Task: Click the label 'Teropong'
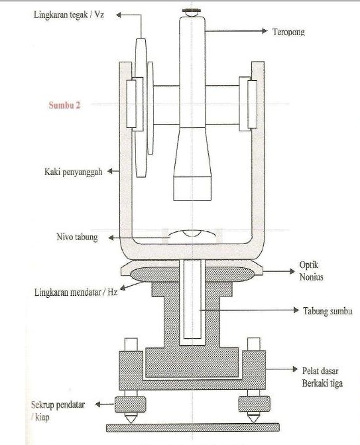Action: pos(288,32)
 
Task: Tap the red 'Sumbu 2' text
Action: pos(64,105)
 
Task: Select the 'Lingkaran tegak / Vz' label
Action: pos(69,15)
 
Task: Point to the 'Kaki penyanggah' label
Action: pos(73,172)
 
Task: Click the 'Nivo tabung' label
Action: pos(77,237)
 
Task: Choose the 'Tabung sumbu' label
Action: pos(328,311)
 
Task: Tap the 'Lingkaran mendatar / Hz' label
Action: pos(76,292)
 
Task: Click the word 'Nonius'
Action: pos(311,277)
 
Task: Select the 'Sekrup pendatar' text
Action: pos(58,405)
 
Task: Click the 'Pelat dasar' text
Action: pos(320,371)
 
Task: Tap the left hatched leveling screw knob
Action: pos(131,404)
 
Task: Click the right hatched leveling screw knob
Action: pos(254,404)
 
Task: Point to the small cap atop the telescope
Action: pos(192,12)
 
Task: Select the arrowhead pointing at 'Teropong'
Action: pos(265,31)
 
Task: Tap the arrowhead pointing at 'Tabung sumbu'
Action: pos(296,310)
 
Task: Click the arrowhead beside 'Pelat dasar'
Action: pos(296,369)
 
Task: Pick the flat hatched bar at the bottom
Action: pos(193,428)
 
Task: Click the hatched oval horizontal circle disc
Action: pos(192,275)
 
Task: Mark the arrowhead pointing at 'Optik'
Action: pos(292,271)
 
